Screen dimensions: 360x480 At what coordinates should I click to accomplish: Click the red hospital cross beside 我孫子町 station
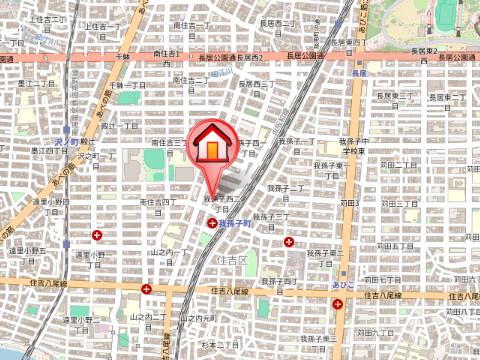pos(212,224)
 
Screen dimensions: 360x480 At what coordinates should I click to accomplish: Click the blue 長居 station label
pos(360,72)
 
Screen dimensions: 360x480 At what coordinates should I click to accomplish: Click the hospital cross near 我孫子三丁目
pos(289,241)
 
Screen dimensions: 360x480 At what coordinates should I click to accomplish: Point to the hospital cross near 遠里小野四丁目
pos(97,235)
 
